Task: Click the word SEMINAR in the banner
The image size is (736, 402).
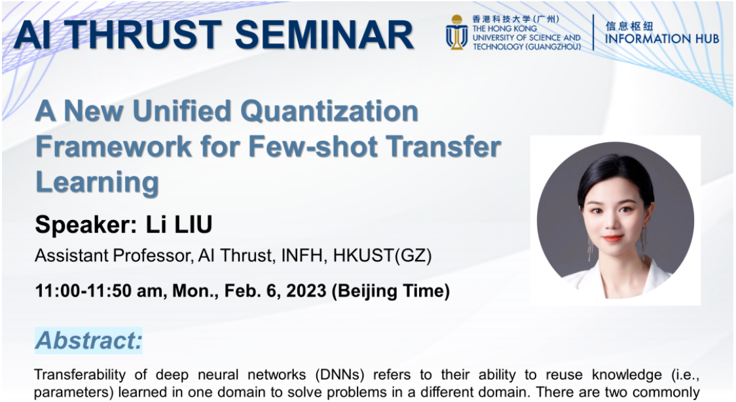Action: click(x=324, y=35)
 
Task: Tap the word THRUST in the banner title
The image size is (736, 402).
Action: click(x=145, y=35)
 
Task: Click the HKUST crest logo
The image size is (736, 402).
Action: click(x=456, y=32)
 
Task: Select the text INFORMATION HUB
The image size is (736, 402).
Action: click(x=662, y=39)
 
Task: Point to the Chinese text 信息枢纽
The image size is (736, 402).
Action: click(x=629, y=26)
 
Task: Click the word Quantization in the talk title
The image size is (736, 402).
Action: click(x=329, y=112)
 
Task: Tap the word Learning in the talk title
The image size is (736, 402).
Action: click(x=97, y=183)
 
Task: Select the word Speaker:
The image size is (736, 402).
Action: click(x=86, y=225)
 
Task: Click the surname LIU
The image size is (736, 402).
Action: click(x=193, y=224)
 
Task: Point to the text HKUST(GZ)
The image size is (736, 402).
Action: click(x=382, y=255)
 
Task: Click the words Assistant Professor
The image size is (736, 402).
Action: click(x=113, y=255)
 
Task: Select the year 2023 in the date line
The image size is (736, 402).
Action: click(x=306, y=291)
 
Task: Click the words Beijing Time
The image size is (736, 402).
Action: click(x=390, y=291)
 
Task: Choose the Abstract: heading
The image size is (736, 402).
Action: click(x=88, y=340)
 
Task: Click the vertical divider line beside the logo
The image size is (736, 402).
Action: click(x=593, y=32)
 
